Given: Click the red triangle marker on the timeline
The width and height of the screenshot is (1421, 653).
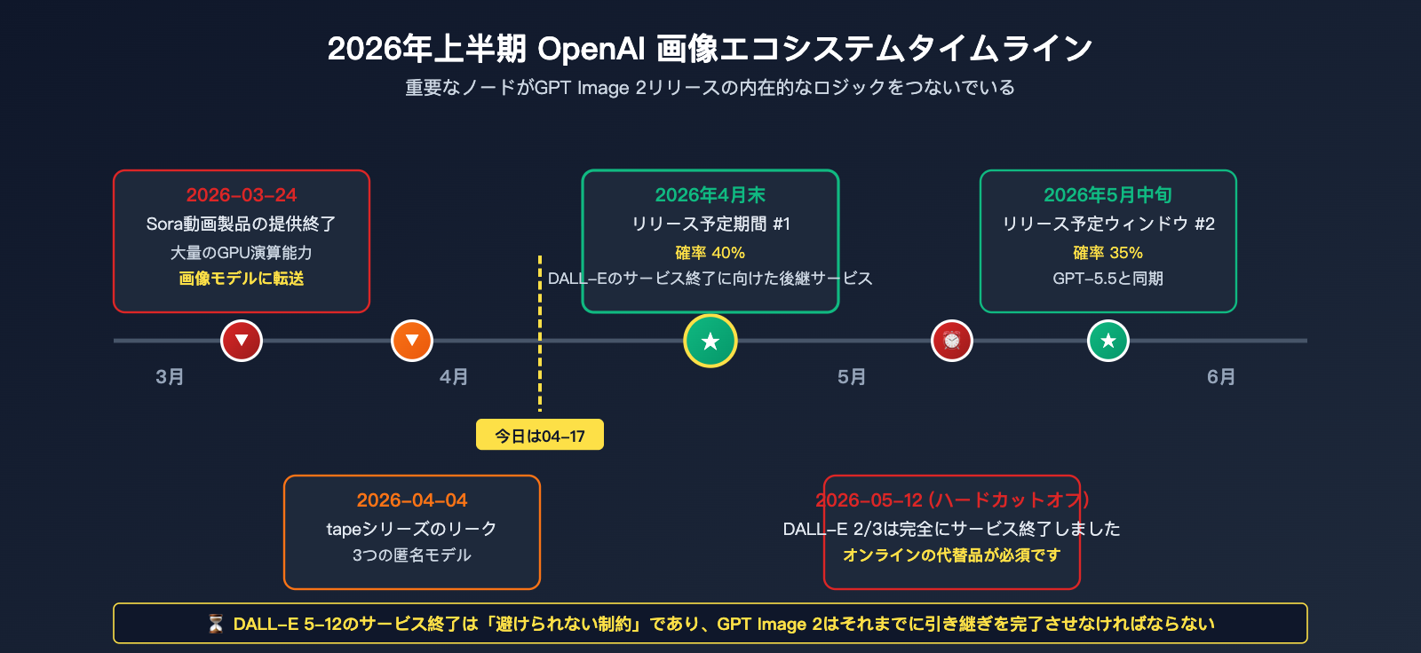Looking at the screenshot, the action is tap(241, 341).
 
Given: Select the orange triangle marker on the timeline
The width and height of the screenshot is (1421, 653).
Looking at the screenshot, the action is tap(412, 341).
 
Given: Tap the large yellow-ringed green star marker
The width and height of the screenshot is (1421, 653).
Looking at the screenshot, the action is tap(710, 341).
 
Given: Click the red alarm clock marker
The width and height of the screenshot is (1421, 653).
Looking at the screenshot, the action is tap(951, 341).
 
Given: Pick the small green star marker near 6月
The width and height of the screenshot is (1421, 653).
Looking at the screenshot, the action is tap(1108, 341).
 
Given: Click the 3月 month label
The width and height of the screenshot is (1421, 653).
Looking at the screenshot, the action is tap(170, 377).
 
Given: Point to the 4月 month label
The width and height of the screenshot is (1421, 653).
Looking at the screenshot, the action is tap(454, 377).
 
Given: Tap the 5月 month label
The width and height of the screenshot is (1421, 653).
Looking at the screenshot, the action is tap(852, 377).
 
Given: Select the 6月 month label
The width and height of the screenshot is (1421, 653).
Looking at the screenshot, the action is tap(1221, 377).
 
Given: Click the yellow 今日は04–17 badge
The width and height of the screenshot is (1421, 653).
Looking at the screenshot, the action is tap(540, 435).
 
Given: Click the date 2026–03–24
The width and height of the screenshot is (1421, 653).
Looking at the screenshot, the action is tap(242, 194).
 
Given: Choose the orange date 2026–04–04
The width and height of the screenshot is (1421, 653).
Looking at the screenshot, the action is tap(412, 500).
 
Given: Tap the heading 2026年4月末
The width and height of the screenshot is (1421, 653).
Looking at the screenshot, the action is tap(710, 194).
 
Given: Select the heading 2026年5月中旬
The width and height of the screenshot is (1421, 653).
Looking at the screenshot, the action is tap(1107, 194).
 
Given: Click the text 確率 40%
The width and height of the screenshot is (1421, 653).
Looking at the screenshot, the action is tap(710, 253).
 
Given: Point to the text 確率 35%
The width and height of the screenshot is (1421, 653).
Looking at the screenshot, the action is tap(1107, 253).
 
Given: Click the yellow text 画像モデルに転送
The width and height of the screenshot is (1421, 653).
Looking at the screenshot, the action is tap(242, 279).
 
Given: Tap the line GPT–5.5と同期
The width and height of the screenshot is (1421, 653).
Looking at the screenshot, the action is tap(1107, 279).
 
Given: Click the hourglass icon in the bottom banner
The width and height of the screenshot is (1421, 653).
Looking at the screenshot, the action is tap(216, 624).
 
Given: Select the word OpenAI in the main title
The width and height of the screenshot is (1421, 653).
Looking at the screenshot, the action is tap(591, 49).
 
